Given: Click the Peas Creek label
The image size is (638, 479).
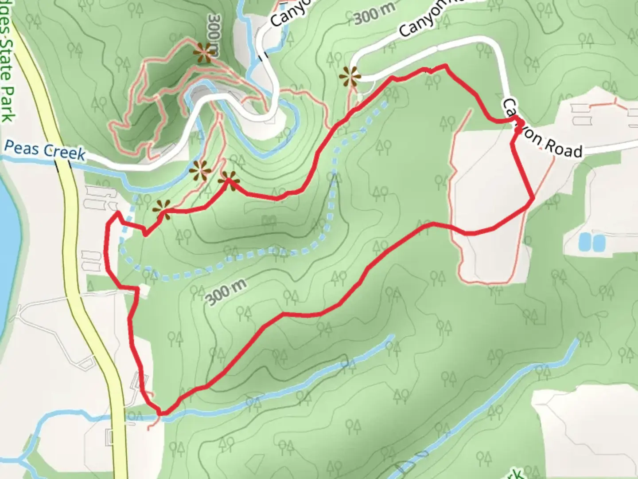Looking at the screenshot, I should [44, 150].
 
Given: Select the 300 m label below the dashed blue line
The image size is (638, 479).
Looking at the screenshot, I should [226, 292].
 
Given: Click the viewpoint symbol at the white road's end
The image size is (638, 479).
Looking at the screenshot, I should [349, 77].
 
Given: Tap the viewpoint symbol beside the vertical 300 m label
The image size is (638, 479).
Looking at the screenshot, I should [203, 53].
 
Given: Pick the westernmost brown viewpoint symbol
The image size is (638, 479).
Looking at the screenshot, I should [161, 208].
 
